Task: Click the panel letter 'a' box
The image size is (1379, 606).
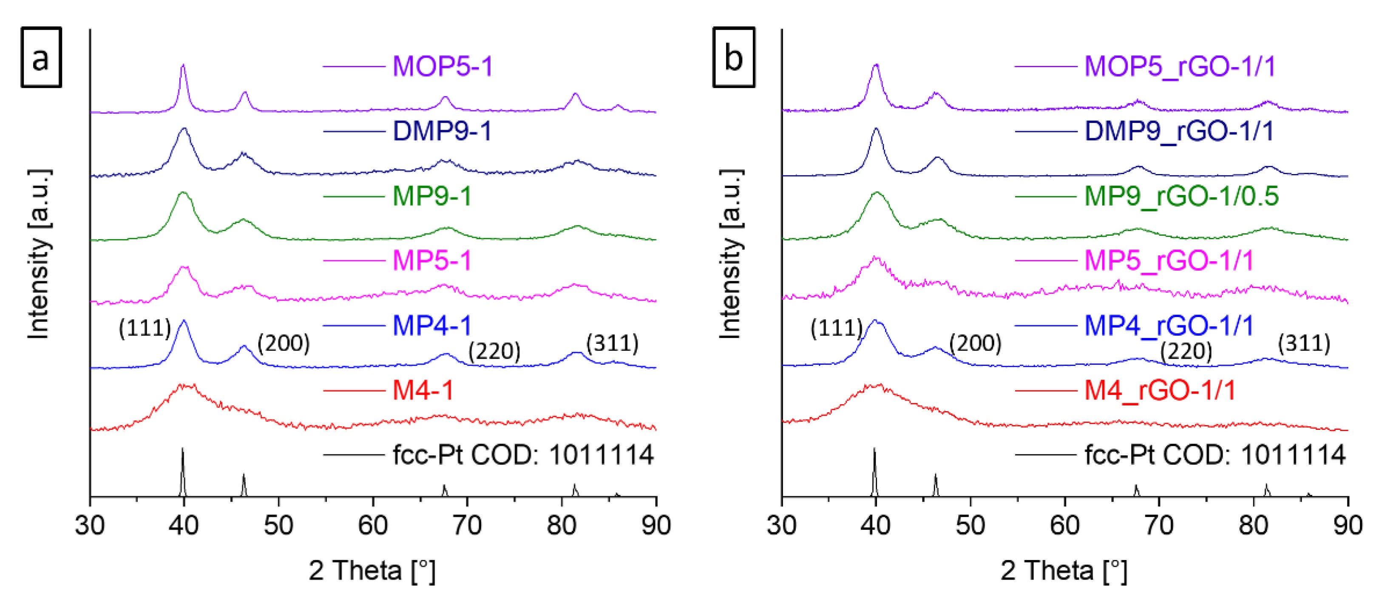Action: click(41, 57)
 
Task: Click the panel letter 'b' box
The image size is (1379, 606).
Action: click(733, 57)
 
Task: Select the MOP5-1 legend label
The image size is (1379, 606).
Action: click(442, 66)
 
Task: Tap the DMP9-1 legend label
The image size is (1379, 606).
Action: click(442, 131)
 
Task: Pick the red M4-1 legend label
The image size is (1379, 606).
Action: click(423, 390)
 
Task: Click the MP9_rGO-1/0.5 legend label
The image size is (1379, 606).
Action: click(1181, 196)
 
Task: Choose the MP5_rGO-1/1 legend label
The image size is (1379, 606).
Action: click(1169, 261)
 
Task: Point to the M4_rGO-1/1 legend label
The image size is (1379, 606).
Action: click(1160, 390)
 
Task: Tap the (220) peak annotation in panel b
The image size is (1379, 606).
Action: click(1186, 352)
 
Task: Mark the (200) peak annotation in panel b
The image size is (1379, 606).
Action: click(975, 343)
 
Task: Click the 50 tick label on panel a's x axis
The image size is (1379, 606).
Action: click(278, 525)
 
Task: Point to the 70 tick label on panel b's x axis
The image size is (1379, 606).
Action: click(1159, 525)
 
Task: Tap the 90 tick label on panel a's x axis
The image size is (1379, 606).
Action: click(656, 525)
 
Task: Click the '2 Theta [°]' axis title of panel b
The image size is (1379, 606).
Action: click(1064, 571)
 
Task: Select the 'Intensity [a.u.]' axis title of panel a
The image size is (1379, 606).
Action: click(39, 254)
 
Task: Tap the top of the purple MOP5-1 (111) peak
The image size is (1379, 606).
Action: click(183, 66)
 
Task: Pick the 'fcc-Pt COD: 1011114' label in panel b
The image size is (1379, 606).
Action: click(1214, 455)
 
